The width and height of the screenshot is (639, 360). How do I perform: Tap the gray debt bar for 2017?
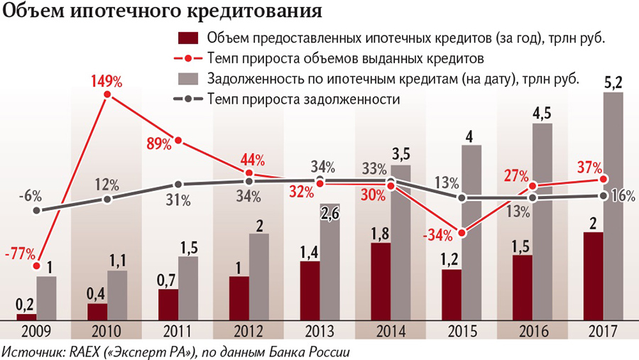point(613,206)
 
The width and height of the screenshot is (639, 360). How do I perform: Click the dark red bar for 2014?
point(381,281)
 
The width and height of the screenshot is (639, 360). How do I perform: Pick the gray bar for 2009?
point(46,298)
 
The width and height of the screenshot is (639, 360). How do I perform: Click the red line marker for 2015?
point(462,232)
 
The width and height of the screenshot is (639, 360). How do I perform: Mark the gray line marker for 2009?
point(37,210)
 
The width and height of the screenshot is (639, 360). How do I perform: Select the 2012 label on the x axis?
point(248,331)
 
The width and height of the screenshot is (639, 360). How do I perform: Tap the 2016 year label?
point(532,331)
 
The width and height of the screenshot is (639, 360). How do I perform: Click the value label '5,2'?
point(613,83)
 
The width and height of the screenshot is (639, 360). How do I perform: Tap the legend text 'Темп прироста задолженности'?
point(305,99)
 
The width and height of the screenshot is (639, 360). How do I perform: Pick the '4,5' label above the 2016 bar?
point(542,114)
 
